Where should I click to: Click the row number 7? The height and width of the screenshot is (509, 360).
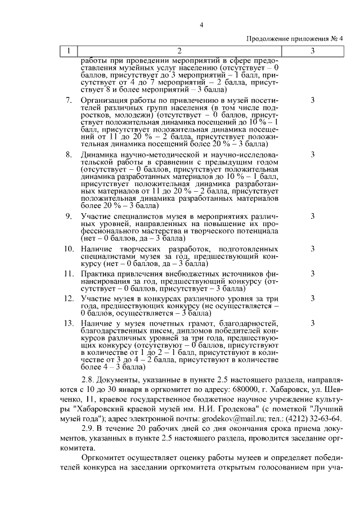[69, 100]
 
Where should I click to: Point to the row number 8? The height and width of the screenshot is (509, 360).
[69, 154]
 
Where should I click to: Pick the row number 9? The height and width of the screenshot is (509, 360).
[69, 216]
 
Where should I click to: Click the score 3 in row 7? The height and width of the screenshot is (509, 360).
[312, 100]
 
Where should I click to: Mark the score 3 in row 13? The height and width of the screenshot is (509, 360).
[312, 323]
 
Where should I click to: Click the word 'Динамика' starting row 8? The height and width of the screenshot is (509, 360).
[97, 154]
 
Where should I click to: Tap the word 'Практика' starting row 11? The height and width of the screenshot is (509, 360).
[98, 274]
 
